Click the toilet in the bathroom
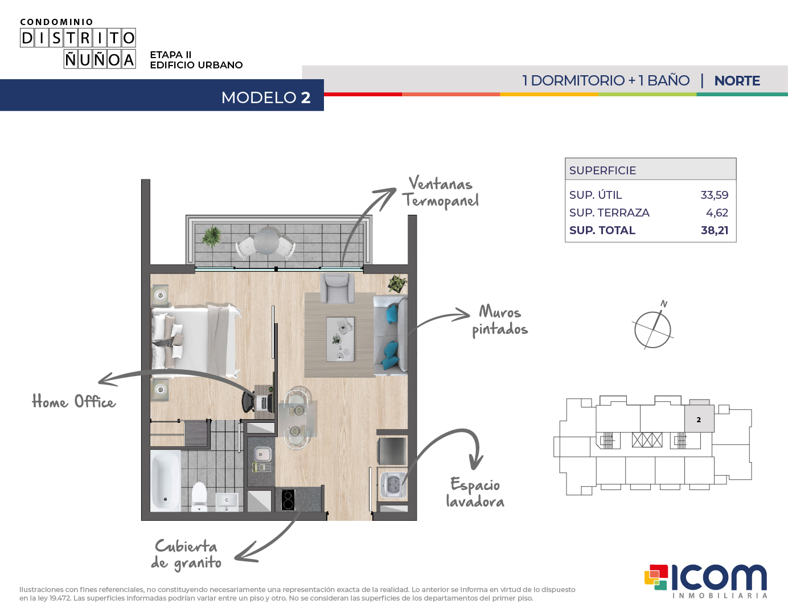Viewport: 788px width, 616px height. (x=199, y=496)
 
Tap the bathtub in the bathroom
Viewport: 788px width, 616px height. (x=165, y=480)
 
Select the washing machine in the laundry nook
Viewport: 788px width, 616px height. (x=393, y=484)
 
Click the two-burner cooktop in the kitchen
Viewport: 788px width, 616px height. (x=288, y=500)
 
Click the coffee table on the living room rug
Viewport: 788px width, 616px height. (x=340, y=339)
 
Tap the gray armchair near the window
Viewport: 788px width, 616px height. (x=337, y=288)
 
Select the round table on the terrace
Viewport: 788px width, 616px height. (x=266, y=240)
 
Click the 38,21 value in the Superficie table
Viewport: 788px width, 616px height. (x=715, y=230)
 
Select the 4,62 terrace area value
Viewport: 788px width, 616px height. (x=717, y=213)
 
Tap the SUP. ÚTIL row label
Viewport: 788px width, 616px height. (x=596, y=194)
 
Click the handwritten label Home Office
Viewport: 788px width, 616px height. (x=74, y=401)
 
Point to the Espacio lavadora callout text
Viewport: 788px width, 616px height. (x=475, y=492)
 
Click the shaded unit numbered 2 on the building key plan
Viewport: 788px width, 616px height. (x=699, y=419)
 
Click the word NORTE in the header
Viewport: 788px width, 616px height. (x=737, y=80)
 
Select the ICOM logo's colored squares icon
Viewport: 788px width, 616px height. (x=656, y=577)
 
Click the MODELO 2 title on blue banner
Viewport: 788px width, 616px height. (x=266, y=97)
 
